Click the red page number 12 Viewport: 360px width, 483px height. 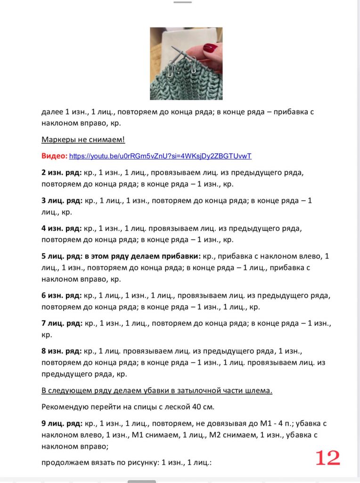(327, 458)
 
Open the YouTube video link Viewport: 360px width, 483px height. (160, 156)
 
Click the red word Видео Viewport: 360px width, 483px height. (54, 156)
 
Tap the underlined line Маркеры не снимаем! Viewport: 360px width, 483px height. (83, 140)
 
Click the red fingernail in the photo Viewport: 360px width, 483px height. (210, 48)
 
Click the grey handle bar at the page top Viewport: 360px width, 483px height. (182, 2)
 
